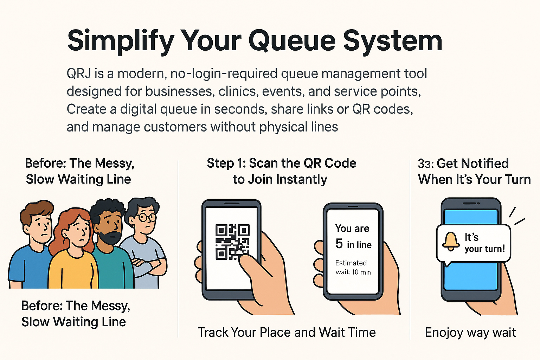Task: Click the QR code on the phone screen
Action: coord(232,242)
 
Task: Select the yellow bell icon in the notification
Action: coord(451,242)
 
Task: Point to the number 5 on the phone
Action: coord(339,244)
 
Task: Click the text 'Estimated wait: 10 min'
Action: coord(353,268)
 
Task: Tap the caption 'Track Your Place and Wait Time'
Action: coord(287,332)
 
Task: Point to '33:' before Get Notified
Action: coord(426,164)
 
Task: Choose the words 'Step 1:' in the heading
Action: coord(226,163)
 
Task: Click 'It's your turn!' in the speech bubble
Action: coord(484,243)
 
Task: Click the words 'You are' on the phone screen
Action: coord(352,229)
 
